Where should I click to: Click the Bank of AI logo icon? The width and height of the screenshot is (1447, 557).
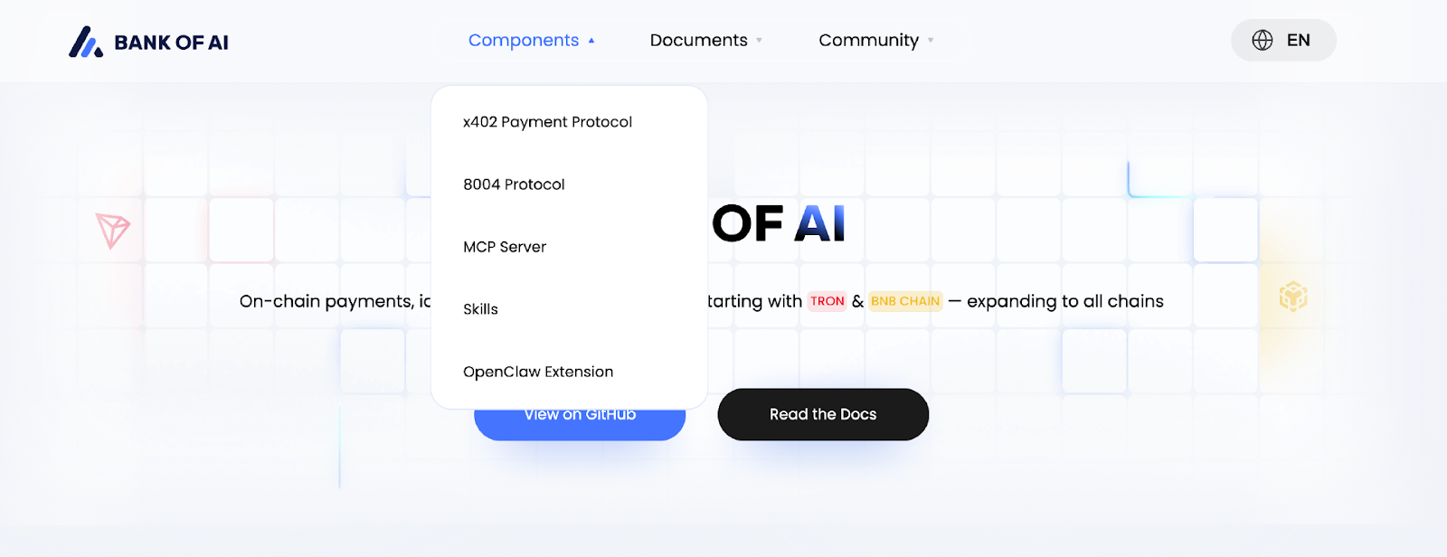pos(86,42)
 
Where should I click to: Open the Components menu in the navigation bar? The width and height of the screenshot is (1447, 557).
pos(524,41)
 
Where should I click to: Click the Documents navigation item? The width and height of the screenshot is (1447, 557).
pos(699,41)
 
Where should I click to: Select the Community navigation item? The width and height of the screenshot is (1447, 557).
pos(868,41)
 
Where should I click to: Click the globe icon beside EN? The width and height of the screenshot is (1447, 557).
pos(1263,41)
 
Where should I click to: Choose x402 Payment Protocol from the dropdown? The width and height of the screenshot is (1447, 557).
pos(547,122)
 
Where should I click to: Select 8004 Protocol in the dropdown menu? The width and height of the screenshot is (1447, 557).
pos(514,184)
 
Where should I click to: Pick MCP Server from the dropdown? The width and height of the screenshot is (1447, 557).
pos(505,247)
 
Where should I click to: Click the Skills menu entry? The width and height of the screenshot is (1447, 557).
pos(480,309)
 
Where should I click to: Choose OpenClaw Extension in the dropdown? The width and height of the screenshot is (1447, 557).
pos(538,372)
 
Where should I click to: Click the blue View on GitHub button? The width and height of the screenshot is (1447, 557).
pos(580,427)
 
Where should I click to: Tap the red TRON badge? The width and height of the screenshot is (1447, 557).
pos(827,301)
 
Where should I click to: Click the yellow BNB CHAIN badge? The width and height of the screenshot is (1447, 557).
pos(905,301)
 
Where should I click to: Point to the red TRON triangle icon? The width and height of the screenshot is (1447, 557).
pos(113,230)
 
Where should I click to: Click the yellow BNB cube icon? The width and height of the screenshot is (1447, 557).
pos(1293,297)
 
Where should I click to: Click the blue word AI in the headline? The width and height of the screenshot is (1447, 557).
pos(819,224)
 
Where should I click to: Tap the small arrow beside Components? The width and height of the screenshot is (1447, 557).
pos(591,41)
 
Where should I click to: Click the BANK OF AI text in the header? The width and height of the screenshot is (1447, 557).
pos(172,42)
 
